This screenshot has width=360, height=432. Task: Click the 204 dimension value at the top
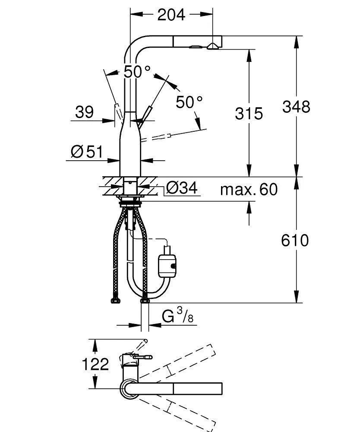[x=171, y=15]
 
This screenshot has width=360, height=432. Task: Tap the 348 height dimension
[x=296, y=106]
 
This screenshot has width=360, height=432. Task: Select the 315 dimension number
[x=249, y=114]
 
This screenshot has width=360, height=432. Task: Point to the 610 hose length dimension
[x=296, y=240]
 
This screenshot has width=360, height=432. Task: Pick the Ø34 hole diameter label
[x=181, y=188]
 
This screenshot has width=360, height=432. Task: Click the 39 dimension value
[x=84, y=113]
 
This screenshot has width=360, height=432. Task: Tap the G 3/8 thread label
[x=177, y=317]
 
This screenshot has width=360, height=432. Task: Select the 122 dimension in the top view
[x=95, y=365]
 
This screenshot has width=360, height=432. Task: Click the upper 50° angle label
[x=137, y=71]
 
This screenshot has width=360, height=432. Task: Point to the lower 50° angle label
[x=189, y=102]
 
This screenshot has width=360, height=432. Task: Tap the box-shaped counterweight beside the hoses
[x=167, y=264]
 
